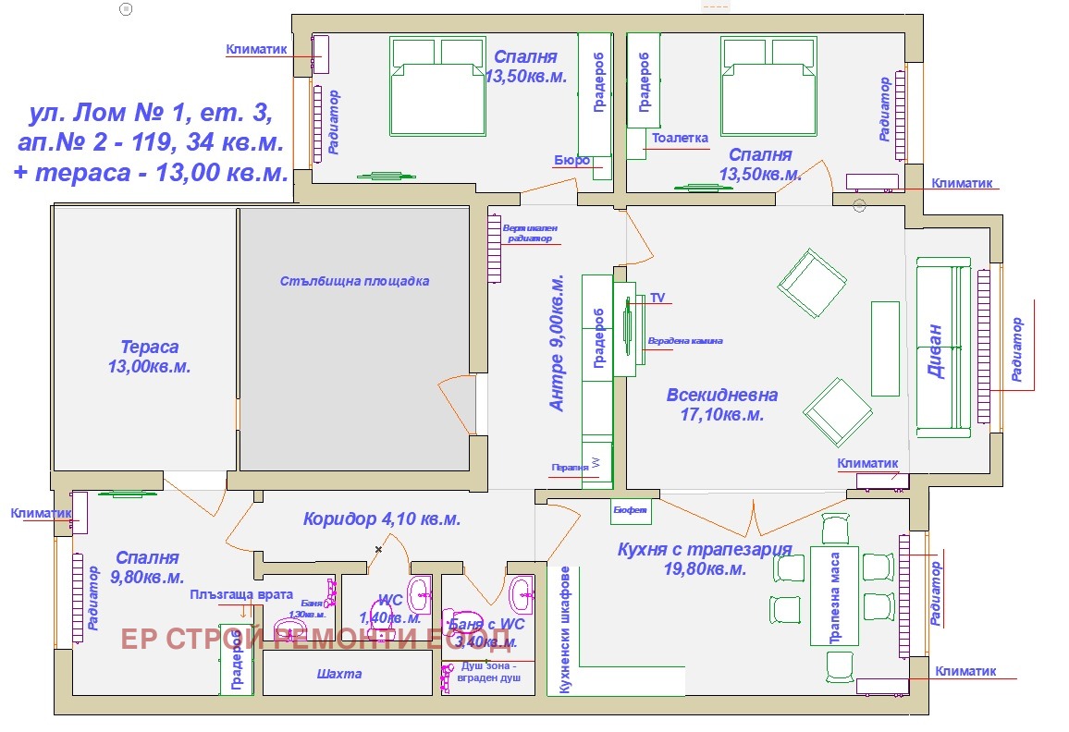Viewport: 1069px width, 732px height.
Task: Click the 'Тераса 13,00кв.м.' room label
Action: click(149, 357)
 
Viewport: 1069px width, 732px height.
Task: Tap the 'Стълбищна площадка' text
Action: click(355, 281)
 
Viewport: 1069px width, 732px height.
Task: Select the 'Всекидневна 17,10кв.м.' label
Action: click(722, 405)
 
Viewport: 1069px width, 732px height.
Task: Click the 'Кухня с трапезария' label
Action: click(705, 550)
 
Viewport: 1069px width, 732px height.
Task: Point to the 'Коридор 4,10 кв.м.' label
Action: click(381, 519)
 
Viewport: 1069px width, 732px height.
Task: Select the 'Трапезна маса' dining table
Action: click(835, 597)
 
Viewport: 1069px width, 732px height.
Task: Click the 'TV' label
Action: click(657, 298)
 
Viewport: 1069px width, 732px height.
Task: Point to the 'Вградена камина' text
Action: click(685, 341)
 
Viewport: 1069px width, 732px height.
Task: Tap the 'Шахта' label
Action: click(339, 674)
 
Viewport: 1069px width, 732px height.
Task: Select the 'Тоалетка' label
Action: click(680, 139)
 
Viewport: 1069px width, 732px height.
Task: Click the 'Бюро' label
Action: click(571, 160)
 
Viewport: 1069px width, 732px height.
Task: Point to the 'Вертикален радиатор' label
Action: click(531, 233)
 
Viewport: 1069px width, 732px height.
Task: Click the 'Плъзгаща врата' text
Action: click(241, 595)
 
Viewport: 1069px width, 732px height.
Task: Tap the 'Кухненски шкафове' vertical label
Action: click(563, 628)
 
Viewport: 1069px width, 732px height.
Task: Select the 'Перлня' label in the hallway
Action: click(570, 467)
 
